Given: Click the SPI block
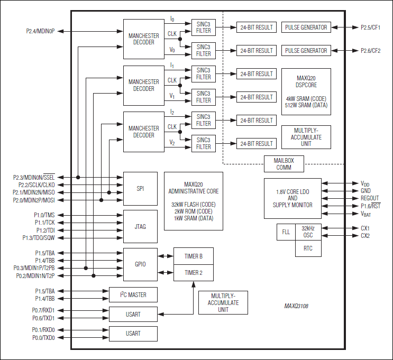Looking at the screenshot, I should [x=140, y=188].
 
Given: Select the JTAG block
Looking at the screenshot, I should [x=140, y=226].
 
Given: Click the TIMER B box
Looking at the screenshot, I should [x=193, y=256].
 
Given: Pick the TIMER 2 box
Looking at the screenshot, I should [x=193, y=273].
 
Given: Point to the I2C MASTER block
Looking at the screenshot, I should [x=133, y=294].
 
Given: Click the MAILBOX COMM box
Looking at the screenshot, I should [x=284, y=164].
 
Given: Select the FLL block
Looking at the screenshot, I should [x=286, y=232].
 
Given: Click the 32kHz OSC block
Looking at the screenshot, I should [x=308, y=232].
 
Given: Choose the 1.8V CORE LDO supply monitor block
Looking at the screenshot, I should [x=293, y=198].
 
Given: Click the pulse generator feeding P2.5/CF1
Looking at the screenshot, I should [x=306, y=27].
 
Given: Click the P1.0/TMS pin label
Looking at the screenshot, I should [x=42, y=215].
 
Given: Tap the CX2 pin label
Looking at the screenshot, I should [x=365, y=236].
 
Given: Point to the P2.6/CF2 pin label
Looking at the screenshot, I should [x=373, y=51].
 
